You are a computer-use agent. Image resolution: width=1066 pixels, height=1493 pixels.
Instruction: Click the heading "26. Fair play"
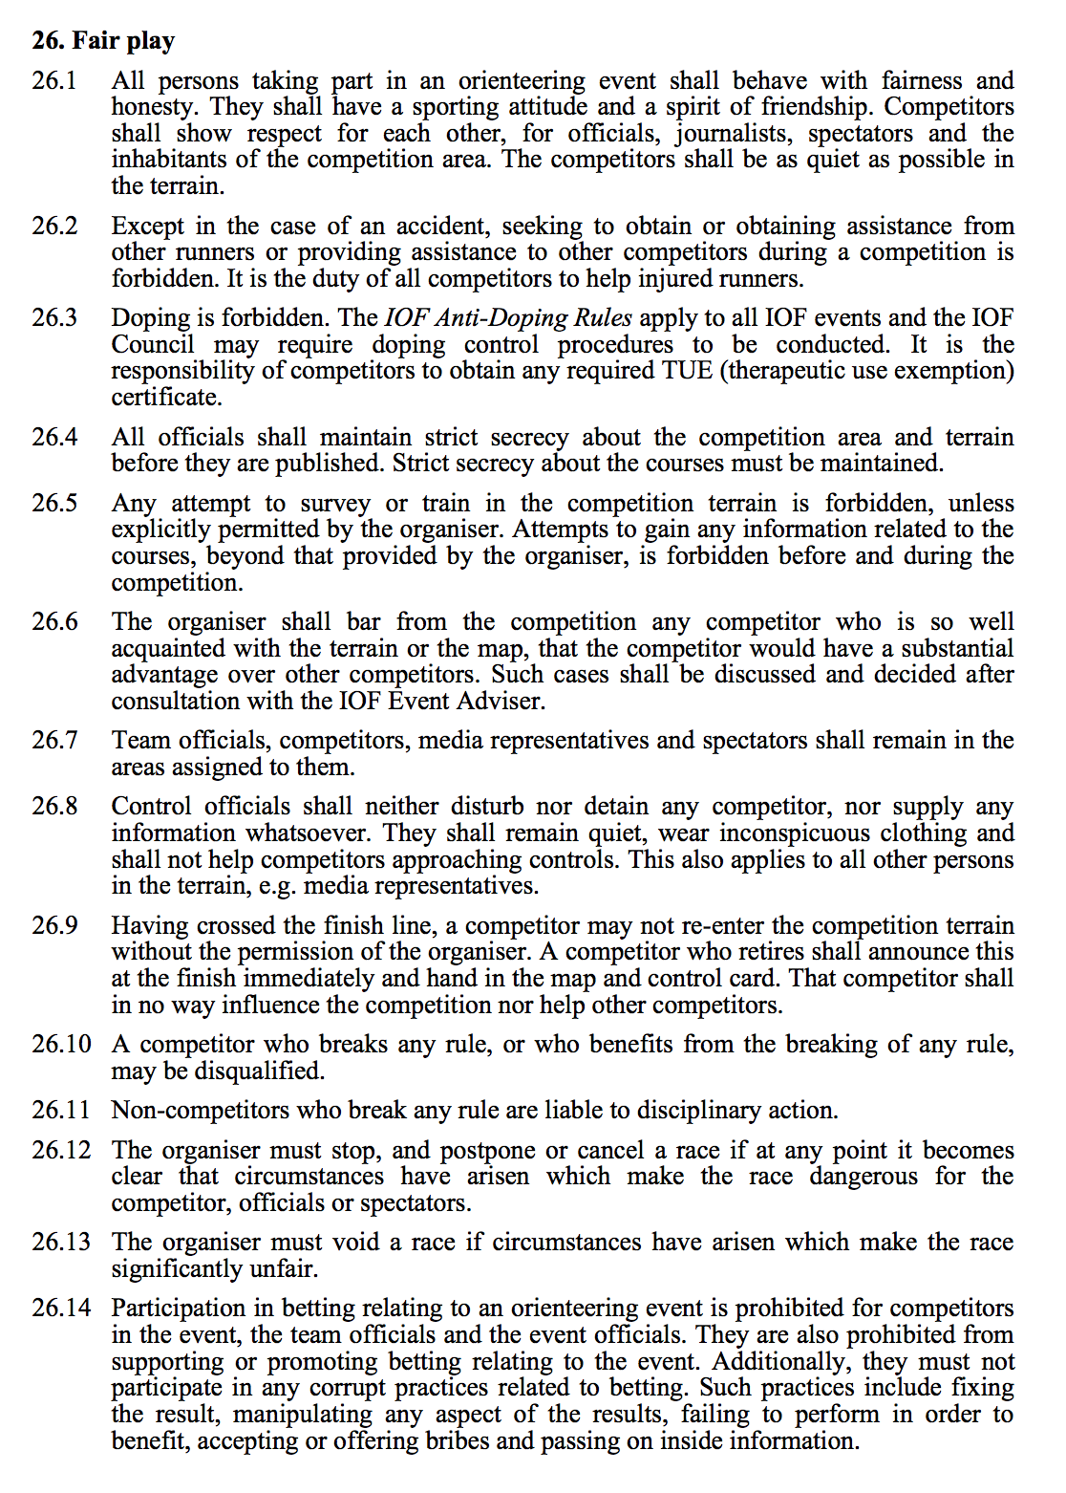103,40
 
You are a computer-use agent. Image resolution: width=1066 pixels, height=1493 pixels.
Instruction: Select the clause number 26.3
54,317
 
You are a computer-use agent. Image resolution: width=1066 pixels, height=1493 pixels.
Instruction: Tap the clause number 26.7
54,740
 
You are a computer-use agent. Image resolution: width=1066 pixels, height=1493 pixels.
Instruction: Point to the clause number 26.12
61,1150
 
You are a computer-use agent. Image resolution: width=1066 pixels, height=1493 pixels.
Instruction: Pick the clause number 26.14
61,1308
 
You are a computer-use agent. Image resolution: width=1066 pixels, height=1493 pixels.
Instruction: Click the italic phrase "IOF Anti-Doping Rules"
508,317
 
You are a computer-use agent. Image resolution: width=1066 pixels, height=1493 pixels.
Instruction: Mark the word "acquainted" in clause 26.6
161,649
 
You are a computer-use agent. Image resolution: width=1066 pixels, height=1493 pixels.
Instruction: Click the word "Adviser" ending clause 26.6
504,702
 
